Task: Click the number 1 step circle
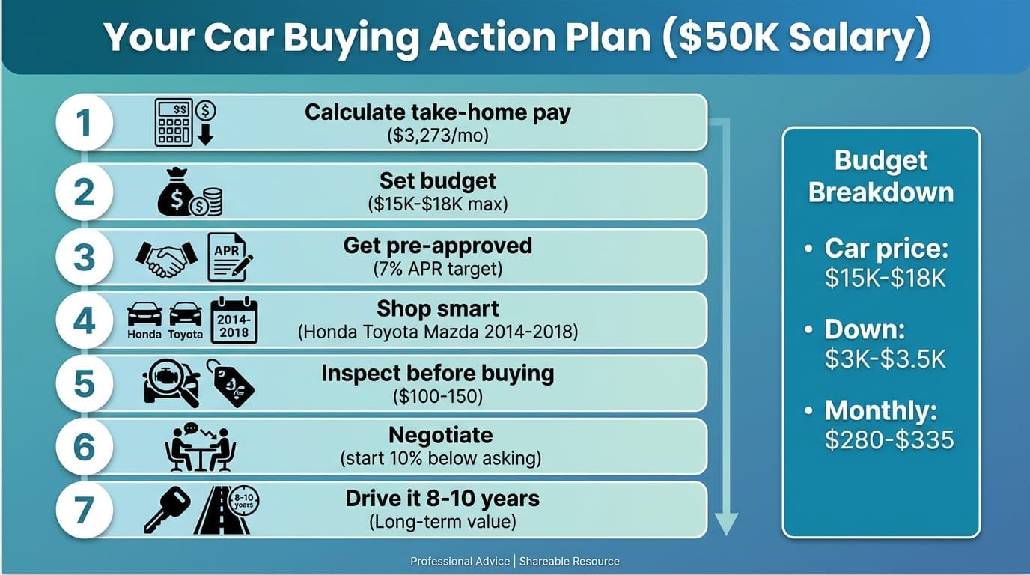[x=84, y=123]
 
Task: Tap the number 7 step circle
[x=84, y=511]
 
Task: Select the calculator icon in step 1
[x=173, y=122]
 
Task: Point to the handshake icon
[x=166, y=257]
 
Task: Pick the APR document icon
[x=230, y=257]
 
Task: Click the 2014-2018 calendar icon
[x=234, y=320]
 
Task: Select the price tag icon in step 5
[x=231, y=383]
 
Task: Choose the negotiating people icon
[x=200, y=448]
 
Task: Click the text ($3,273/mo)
[x=438, y=136]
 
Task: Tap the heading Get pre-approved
[x=438, y=246]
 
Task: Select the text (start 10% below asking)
[x=440, y=457]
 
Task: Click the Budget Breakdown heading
[x=881, y=177]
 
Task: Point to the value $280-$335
[x=889, y=439]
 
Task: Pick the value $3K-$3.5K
[x=886, y=359]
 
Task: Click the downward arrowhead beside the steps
[x=725, y=523]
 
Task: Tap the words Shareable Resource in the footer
[x=569, y=561]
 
